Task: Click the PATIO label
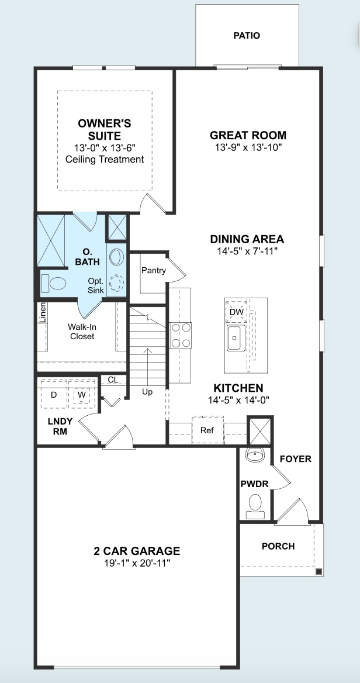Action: pos(247,36)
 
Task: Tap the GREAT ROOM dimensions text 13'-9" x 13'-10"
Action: pos(248,147)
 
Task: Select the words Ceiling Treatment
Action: pos(105,160)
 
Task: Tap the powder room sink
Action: pos(255,455)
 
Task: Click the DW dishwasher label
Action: pos(236,312)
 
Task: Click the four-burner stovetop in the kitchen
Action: pos(181,335)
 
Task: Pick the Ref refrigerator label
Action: pos(207,430)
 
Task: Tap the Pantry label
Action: pos(154,271)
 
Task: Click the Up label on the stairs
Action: pos(147,392)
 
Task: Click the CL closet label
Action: pos(113,380)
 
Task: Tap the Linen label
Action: pos(42,313)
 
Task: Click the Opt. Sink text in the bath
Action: pos(96,286)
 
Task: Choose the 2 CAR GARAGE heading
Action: pos(137,551)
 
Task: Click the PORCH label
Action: pos(278,546)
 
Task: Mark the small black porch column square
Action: pos(319,571)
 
